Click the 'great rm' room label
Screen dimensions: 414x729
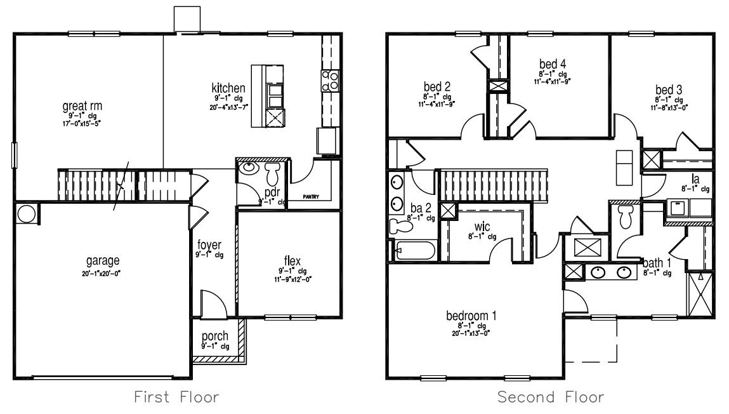click(82, 105)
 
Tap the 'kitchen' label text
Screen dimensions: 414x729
click(228, 88)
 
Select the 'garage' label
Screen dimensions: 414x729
click(103, 261)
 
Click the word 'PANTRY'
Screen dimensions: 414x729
click(310, 197)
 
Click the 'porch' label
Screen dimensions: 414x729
click(215, 336)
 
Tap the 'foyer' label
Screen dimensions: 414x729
click(209, 244)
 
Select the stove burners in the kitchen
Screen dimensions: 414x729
click(330, 81)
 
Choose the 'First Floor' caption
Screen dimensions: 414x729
click(176, 397)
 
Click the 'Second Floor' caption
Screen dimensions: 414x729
click(551, 397)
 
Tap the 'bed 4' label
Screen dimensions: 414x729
click(553, 64)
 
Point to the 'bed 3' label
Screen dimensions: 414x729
click(669, 90)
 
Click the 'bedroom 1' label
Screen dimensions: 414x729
click(471, 316)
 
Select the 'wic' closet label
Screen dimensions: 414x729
click(483, 226)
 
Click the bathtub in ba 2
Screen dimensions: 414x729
click(414, 250)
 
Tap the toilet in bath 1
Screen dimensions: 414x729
click(625, 216)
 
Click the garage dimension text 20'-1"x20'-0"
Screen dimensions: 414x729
click(103, 273)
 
